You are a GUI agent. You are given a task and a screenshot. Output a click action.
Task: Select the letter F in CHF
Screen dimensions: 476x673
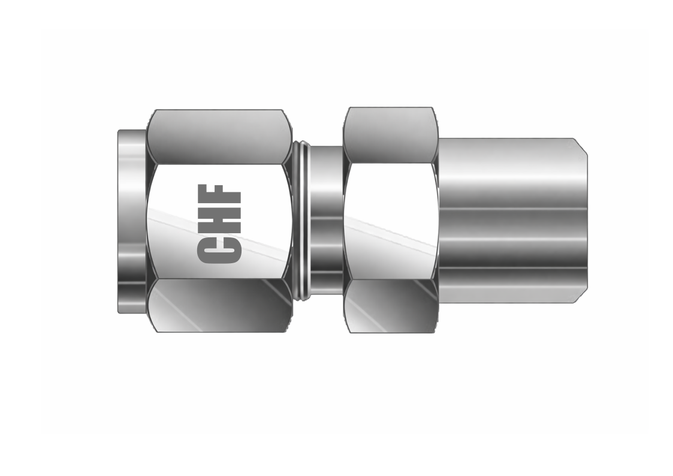tap(219, 195)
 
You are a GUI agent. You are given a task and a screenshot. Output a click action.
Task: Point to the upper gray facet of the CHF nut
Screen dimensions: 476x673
tap(219, 137)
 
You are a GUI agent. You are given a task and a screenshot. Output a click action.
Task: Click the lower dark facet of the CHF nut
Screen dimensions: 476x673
tap(219, 305)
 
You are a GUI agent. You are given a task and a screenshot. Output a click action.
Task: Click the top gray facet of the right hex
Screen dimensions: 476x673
tap(390, 135)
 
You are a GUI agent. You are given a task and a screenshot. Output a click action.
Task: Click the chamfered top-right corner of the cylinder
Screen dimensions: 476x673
tap(581, 146)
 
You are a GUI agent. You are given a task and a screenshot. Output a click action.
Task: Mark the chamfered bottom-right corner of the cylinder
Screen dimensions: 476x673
tap(581, 296)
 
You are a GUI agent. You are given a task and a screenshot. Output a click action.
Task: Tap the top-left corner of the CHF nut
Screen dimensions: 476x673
tap(156, 111)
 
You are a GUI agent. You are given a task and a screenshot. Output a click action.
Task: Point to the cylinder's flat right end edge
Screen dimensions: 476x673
tap(587, 221)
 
